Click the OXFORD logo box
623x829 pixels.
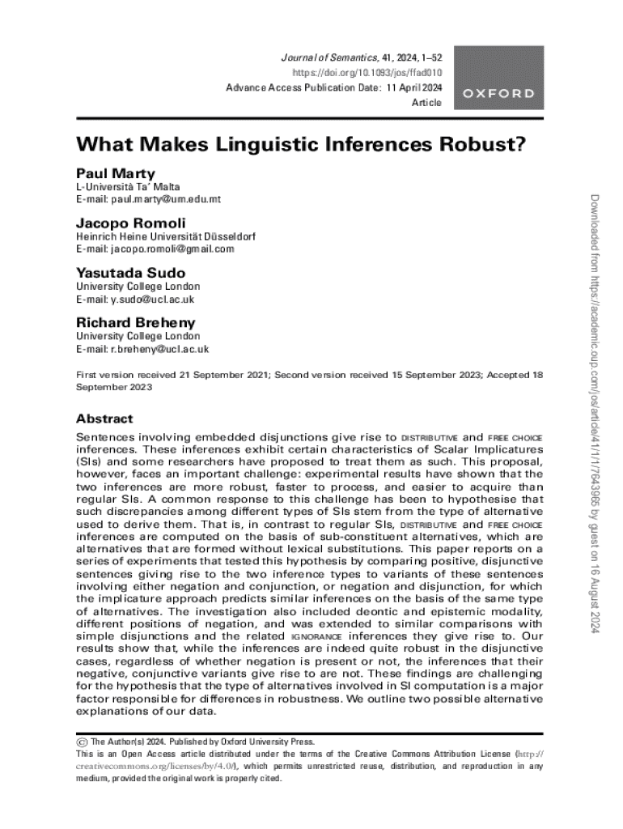[x=499, y=93]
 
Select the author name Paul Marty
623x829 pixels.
[x=116, y=173]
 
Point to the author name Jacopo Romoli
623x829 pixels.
[x=131, y=223]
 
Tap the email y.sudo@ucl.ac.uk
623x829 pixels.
[x=135, y=300]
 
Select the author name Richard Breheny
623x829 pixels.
[x=136, y=323]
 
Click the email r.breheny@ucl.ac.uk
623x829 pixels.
[x=142, y=350]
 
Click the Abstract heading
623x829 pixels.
[x=104, y=419]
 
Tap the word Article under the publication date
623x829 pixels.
[x=427, y=103]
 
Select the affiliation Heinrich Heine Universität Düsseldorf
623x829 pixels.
[x=166, y=237]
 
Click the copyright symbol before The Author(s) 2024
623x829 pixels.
[x=81, y=742]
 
